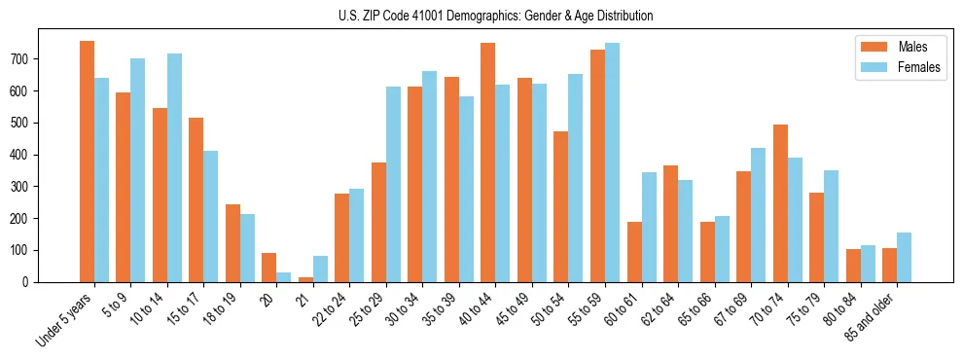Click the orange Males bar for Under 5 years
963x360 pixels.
87,162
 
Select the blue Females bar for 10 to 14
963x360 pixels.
174,168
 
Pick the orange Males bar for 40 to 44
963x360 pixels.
487,162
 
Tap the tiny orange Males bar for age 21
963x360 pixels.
305,279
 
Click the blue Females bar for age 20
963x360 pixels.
283,277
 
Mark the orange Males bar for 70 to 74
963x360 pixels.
780,203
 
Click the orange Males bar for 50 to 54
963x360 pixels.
561,206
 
